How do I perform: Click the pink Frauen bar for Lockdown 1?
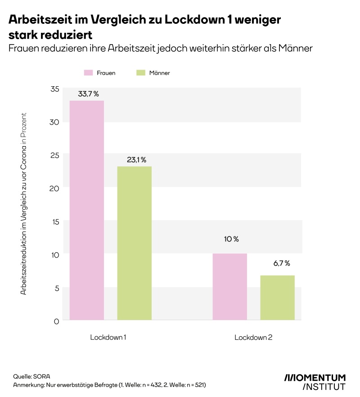[x=86, y=210]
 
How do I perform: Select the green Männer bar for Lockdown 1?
[x=135, y=243]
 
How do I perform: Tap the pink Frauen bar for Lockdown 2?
[x=230, y=286]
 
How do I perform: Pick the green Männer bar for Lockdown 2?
[x=278, y=297]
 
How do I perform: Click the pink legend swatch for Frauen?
[x=88, y=72]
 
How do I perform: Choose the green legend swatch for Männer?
[x=140, y=72]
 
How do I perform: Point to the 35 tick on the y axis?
[x=54, y=89]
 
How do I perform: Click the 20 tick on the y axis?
[x=54, y=188]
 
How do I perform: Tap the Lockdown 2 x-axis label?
[x=253, y=337]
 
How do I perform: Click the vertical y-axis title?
[x=23, y=203]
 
